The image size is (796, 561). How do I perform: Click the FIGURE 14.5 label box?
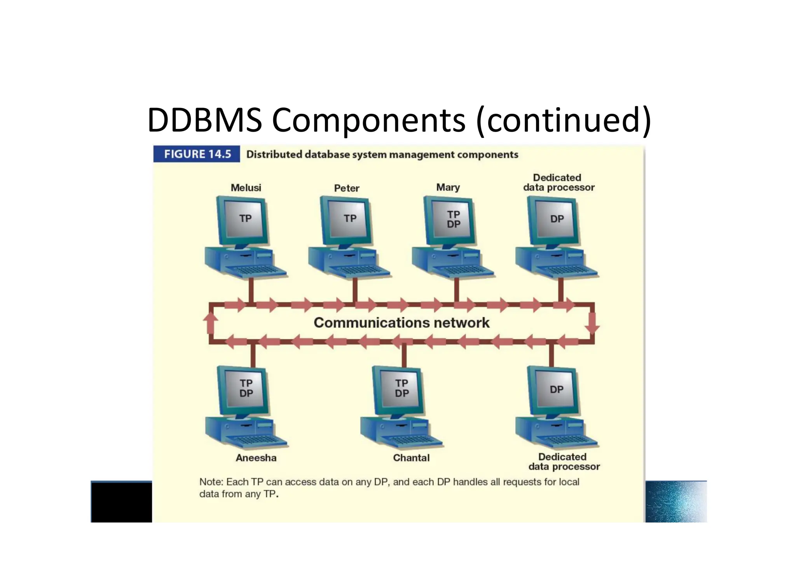tap(197, 154)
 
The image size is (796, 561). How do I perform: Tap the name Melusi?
tap(246, 188)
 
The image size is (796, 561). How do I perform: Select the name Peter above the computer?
tap(347, 188)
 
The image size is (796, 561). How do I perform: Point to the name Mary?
tap(448, 188)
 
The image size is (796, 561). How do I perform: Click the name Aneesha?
tap(256, 458)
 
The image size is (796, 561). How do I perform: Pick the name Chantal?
tap(411, 458)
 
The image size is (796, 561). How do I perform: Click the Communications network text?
tap(401, 323)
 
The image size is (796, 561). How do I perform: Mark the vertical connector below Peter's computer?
tap(354, 290)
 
